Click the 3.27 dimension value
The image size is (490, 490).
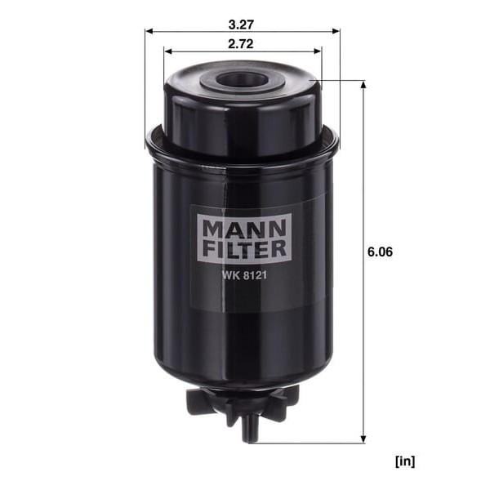tap(241, 24)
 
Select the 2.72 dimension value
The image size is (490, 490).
tap(241, 44)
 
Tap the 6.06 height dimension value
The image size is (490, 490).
tap(380, 252)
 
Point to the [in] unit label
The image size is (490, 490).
tap(405, 461)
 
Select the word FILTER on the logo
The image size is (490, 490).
tap(244, 248)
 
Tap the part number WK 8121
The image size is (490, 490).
tap(244, 275)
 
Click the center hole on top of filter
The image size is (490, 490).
tap(242, 79)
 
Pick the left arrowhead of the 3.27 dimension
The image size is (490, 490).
tap(149, 31)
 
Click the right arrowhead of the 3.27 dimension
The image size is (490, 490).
tap(336, 31)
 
